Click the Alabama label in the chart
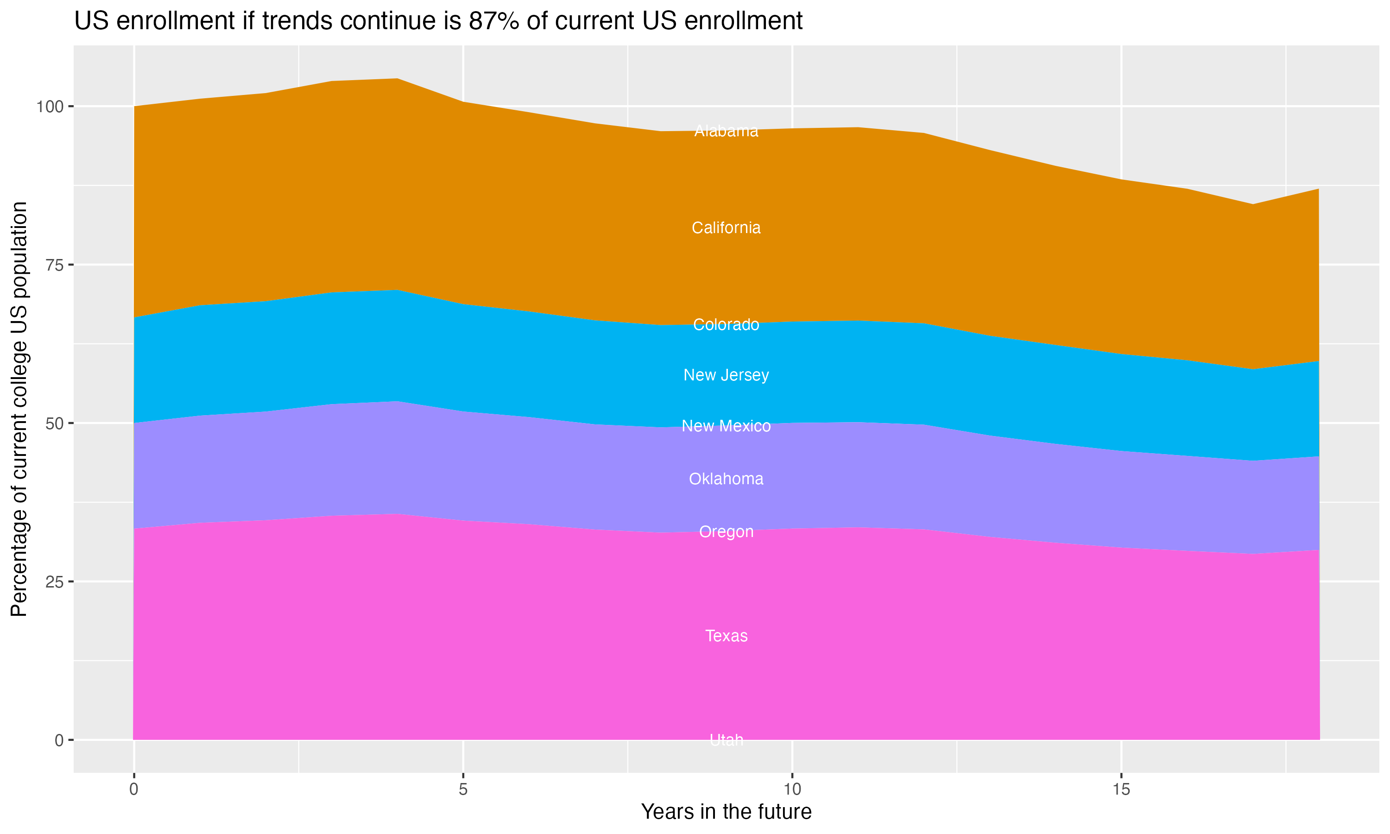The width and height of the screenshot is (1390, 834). (726, 131)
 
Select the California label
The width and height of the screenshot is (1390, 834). (726, 227)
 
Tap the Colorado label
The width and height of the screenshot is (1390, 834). (726, 325)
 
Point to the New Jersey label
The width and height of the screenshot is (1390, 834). (726, 375)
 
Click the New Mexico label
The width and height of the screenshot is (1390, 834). (726, 426)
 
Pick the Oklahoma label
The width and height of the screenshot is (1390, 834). (726, 479)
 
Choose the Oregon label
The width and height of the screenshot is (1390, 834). (726, 531)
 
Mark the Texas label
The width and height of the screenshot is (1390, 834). (726, 636)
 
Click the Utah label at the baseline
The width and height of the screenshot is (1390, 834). (726, 740)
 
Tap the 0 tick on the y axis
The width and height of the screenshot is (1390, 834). (58, 740)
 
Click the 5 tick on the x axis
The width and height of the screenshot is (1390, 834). (463, 790)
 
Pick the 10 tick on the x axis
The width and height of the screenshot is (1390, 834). (792, 790)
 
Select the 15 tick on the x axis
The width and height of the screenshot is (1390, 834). (1121, 790)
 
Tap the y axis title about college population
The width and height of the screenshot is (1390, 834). (19, 409)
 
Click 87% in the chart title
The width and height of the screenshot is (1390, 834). (493, 21)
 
